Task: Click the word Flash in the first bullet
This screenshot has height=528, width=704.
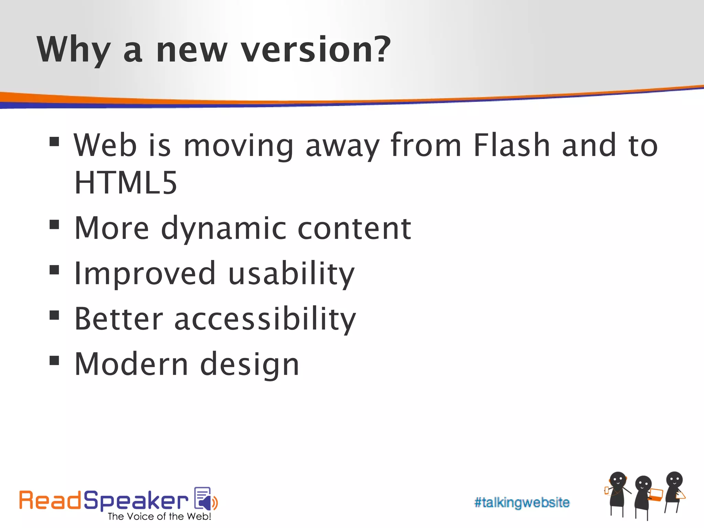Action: pos(511,145)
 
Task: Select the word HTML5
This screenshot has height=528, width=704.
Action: pos(126,183)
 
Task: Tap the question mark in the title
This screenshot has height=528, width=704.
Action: pos(382,50)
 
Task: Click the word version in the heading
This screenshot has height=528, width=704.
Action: pos(308,50)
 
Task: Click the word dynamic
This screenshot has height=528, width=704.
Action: pos(223,228)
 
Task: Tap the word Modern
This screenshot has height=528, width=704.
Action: pos(131,364)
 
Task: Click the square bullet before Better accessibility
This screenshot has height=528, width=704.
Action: pos(54,315)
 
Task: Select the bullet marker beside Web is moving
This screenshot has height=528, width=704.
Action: pos(54,141)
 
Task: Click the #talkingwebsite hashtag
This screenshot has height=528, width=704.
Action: pos(522,503)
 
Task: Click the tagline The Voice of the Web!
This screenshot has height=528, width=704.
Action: pos(159,516)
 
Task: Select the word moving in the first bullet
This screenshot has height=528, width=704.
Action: pos(239,146)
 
